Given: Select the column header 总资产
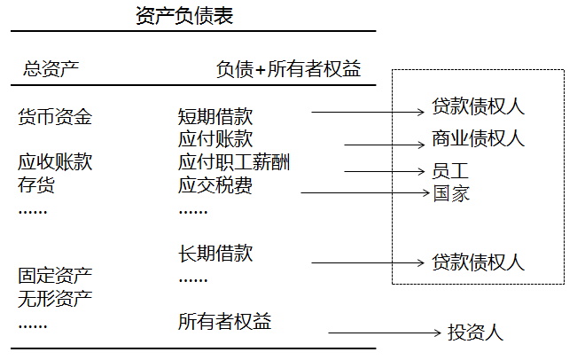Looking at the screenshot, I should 51,68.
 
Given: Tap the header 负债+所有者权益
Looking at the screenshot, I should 289,68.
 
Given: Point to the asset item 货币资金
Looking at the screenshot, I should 55,116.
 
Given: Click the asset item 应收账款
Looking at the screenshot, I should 55,162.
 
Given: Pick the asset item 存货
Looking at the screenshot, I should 36,184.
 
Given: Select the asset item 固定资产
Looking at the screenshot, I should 55,275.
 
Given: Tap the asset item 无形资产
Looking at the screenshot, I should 55,298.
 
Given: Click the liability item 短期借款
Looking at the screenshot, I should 215,116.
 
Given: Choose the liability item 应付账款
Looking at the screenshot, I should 215,139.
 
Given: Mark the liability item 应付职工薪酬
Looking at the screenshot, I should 234,162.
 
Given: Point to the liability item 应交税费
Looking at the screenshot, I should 215,184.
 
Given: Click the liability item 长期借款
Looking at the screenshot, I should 215,254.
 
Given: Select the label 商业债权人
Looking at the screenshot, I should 478,138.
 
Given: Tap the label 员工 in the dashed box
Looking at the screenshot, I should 450,170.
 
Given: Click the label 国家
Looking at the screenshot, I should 450,192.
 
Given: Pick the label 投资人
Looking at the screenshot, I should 475,333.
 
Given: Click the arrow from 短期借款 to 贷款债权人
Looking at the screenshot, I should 368,113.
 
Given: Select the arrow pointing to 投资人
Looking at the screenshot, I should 385,333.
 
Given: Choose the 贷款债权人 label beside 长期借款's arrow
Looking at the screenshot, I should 478,262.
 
